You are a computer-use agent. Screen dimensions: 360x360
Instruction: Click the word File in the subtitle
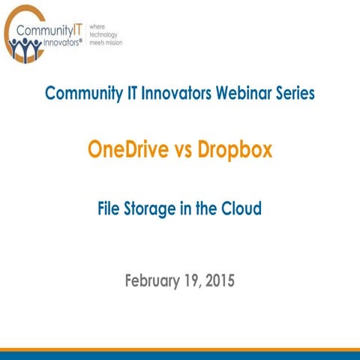click(x=112, y=209)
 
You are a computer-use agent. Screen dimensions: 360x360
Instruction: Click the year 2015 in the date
click(x=218, y=282)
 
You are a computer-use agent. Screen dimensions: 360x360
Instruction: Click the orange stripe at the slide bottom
click(x=180, y=349)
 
